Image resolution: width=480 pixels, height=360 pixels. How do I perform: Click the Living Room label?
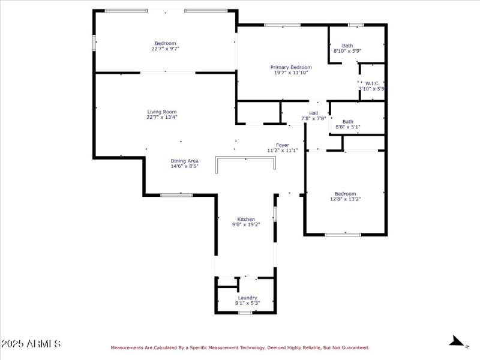[162, 112]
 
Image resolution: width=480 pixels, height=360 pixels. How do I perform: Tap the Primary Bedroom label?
[291, 67]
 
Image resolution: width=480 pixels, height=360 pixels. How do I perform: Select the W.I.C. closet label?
[371, 83]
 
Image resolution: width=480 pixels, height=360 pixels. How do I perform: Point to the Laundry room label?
[247, 298]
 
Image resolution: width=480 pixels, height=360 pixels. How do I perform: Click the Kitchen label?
[246, 219]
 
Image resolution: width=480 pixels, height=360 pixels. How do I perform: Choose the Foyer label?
[282, 145]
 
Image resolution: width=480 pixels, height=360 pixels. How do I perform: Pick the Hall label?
[313, 113]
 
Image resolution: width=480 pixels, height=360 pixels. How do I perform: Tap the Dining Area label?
[184, 161]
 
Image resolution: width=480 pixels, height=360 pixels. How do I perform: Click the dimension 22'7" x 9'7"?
[165, 49]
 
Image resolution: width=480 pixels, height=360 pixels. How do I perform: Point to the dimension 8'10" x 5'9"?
[347, 51]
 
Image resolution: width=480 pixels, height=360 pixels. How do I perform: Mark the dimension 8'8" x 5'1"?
[347, 127]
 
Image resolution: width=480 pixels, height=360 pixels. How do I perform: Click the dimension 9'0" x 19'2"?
[246, 224]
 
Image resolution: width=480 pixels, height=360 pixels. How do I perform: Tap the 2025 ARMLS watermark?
[31, 344]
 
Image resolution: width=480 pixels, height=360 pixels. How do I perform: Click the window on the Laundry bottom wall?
[245, 313]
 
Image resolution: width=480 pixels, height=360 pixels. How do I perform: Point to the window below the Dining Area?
[176, 194]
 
